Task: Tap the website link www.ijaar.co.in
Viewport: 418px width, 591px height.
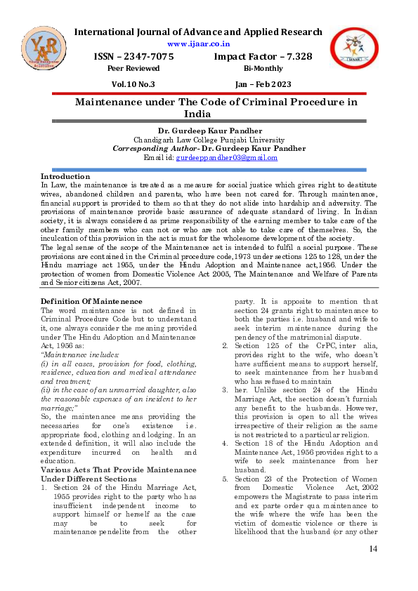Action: [x=198, y=44]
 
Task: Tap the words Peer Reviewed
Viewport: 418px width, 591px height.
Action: [x=133, y=68]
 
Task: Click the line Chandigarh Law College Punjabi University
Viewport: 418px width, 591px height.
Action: [x=209, y=140]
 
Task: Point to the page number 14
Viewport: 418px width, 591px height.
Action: [x=373, y=567]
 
